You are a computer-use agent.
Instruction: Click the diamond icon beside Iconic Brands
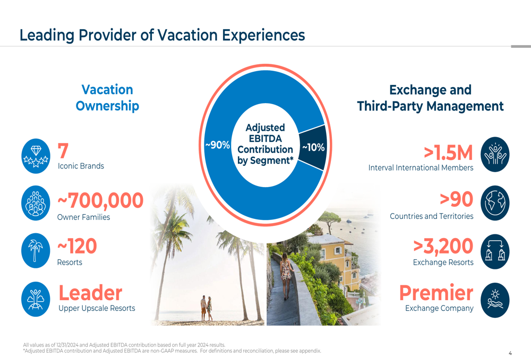click(36, 156)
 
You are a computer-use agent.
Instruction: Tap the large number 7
click(63, 151)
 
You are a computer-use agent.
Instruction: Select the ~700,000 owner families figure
click(100, 201)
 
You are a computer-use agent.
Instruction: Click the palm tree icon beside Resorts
click(36, 250)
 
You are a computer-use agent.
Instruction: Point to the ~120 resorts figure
click(77, 247)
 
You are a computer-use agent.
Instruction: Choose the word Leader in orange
click(90, 293)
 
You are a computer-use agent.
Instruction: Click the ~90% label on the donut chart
click(217, 145)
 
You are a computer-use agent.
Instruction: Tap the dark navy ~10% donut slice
click(313, 147)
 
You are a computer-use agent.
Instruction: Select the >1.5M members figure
click(448, 153)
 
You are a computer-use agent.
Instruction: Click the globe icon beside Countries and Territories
click(495, 203)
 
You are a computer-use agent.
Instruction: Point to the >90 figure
click(457, 200)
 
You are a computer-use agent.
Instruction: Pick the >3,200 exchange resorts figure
click(443, 247)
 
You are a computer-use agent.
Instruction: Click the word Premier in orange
click(436, 293)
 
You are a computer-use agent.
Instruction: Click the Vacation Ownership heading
click(107, 98)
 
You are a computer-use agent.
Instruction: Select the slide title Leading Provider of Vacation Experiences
click(162, 35)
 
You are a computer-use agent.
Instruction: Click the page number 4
click(510, 353)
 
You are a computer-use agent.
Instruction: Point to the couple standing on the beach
click(206, 308)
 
